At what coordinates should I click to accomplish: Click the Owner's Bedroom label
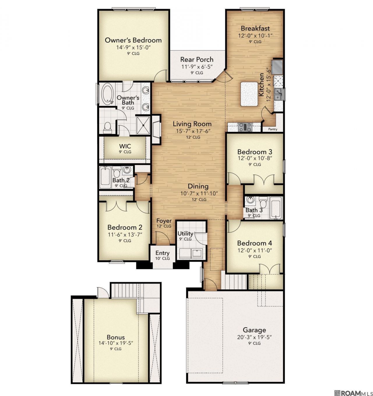click(133, 40)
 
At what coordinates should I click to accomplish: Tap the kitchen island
click(249, 94)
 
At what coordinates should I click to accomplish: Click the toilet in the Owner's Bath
click(108, 128)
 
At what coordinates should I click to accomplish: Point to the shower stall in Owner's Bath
click(143, 125)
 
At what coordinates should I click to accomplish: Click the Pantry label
click(273, 129)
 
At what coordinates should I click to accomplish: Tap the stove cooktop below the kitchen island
click(245, 127)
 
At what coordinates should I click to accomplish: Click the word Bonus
click(116, 337)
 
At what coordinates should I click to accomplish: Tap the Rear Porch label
click(197, 59)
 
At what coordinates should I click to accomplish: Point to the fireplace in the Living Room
click(156, 129)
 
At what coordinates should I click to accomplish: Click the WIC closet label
click(125, 146)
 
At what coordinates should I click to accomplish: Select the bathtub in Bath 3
click(275, 208)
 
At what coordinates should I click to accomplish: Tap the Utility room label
click(185, 233)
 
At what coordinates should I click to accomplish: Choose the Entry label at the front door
click(162, 253)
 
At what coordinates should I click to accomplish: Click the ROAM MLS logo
click(353, 392)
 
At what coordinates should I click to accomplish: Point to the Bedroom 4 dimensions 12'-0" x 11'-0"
click(255, 250)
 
